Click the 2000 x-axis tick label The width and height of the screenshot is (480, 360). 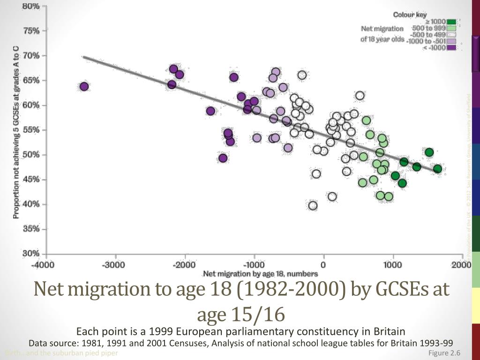461,264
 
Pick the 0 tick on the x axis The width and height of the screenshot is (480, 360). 323,264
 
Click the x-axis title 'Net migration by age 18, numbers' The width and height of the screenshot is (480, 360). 260,274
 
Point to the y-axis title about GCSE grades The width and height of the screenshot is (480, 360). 16,132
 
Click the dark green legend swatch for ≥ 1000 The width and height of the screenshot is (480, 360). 451,22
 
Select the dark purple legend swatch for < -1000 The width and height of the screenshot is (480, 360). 451,47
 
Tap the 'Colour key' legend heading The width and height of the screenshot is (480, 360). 410,15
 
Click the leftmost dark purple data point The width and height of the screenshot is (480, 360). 84,86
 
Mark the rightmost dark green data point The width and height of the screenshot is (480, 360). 437,169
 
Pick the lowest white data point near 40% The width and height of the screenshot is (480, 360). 313,205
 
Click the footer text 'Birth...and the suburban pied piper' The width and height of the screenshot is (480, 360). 61,353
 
